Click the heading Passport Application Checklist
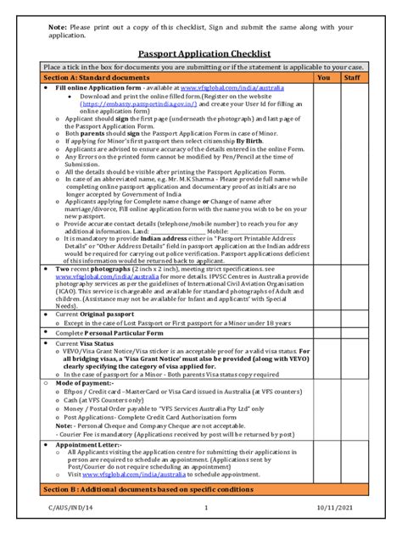[x=200, y=53]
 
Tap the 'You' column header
[x=323, y=77]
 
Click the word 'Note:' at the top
[x=59, y=26]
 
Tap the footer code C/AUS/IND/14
[x=67, y=508]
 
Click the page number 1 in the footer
[x=205, y=508]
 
